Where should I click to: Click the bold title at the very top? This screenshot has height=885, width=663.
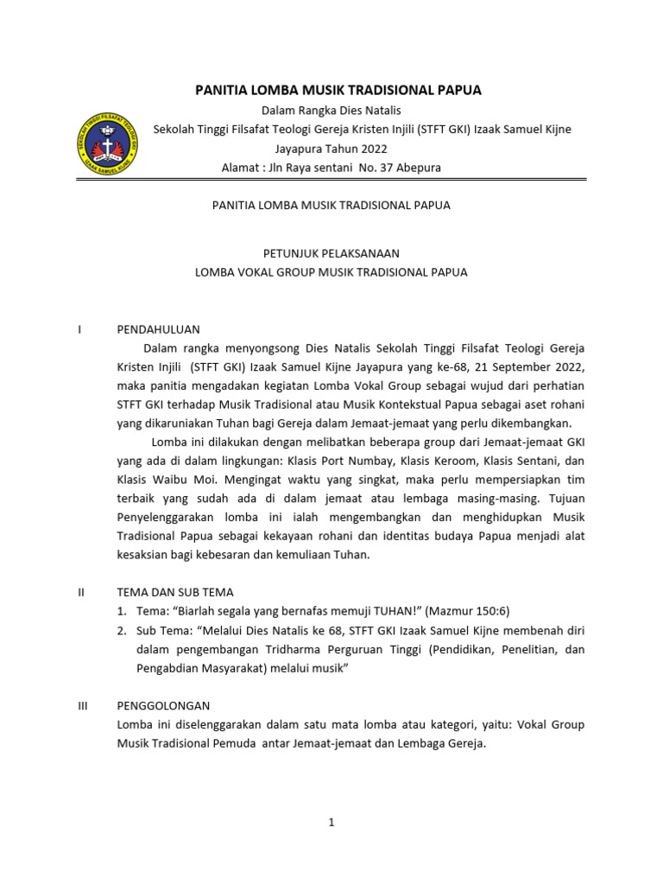pyautogui.click(x=338, y=91)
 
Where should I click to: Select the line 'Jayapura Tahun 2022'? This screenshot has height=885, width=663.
pyautogui.click(x=331, y=149)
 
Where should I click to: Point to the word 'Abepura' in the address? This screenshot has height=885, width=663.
pyautogui.click(x=420, y=168)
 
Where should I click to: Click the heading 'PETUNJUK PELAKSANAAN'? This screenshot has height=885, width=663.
pyautogui.click(x=331, y=253)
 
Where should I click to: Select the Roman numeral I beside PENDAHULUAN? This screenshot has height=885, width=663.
pyautogui.click(x=79, y=329)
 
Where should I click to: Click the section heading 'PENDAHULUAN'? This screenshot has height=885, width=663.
pyautogui.click(x=158, y=329)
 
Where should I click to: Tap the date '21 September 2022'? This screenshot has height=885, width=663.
pyautogui.click(x=534, y=366)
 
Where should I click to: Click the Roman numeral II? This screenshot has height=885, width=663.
pyautogui.click(x=81, y=593)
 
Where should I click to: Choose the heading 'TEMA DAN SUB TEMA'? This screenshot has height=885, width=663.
pyautogui.click(x=175, y=593)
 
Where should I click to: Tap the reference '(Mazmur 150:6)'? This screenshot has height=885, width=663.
pyautogui.click(x=468, y=611)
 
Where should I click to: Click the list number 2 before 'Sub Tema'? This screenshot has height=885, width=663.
pyautogui.click(x=122, y=631)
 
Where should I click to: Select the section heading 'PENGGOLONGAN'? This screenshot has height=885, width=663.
pyautogui.click(x=163, y=706)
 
